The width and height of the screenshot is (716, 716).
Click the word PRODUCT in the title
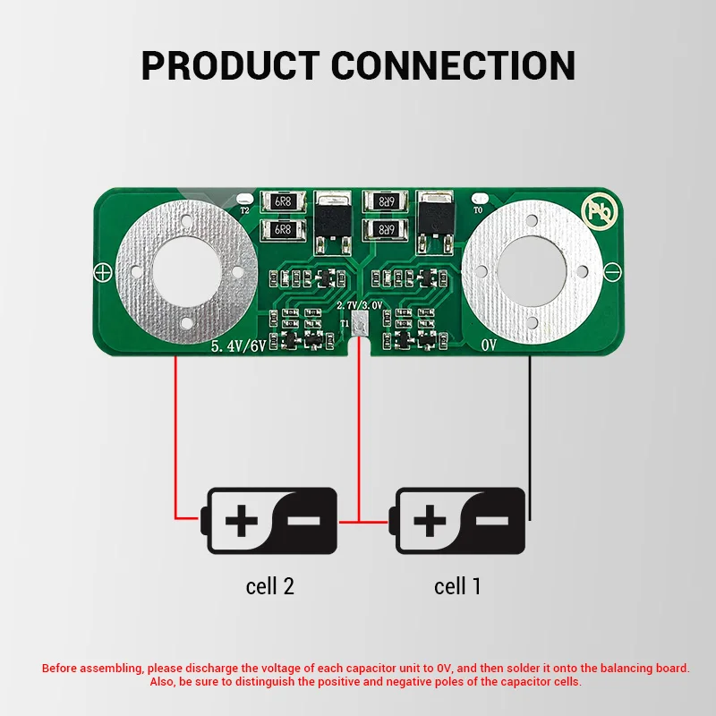tap(231, 65)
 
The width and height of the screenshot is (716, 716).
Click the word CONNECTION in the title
tap(453, 65)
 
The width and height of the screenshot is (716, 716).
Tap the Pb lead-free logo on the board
tap(600, 211)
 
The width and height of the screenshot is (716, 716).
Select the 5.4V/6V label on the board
tap(238, 345)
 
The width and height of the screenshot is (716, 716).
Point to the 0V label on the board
tap(489, 345)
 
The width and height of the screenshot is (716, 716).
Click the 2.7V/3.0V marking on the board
tap(360, 305)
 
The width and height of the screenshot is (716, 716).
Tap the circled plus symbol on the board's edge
tap(103, 273)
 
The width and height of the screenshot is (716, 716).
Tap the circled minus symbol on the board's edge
tap(612, 271)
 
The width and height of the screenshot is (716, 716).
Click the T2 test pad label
tap(244, 210)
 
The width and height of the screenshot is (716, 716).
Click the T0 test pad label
tap(478, 210)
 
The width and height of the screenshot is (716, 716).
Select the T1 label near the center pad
tap(345, 323)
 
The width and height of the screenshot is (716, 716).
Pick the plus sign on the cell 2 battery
tap(242, 521)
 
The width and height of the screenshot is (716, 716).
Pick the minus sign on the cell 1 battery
tap(491, 521)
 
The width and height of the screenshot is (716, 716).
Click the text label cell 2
tap(270, 586)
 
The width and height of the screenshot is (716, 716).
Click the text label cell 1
tap(457, 586)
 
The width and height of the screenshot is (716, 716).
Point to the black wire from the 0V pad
tap(530, 439)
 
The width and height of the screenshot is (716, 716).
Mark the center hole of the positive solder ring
tap(187, 271)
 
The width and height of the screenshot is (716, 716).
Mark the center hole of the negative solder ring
tap(532, 271)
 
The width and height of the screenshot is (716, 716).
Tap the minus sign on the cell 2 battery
tap(303, 521)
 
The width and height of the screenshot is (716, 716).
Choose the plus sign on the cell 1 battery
tap(430, 521)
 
